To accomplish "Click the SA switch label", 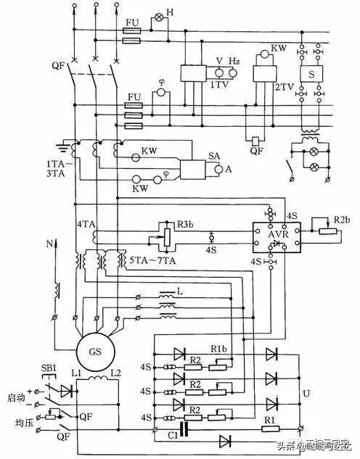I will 213,155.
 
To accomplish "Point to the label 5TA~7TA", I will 148,260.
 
